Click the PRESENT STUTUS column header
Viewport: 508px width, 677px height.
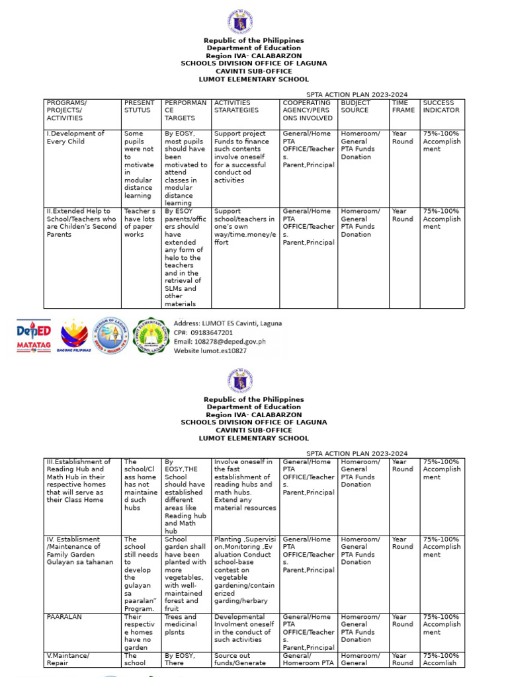tap(140, 107)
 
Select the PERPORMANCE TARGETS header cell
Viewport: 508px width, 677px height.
tap(185, 110)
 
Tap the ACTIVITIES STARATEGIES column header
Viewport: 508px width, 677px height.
tap(236, 107)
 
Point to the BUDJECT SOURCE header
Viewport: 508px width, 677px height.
tap(355, 107)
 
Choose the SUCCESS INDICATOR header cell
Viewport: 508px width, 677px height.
tap(441, 107)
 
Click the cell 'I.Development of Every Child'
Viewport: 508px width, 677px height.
tap(75, 138)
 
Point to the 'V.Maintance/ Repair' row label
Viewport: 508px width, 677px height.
tap(65, 659)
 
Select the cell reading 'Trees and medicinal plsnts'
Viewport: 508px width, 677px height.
tap(181, 624)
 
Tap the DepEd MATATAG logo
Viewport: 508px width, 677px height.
tap(34, 336)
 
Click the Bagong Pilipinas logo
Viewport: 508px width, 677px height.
tap(73, 336)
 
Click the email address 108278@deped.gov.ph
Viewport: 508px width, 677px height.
tap(220, 342)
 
